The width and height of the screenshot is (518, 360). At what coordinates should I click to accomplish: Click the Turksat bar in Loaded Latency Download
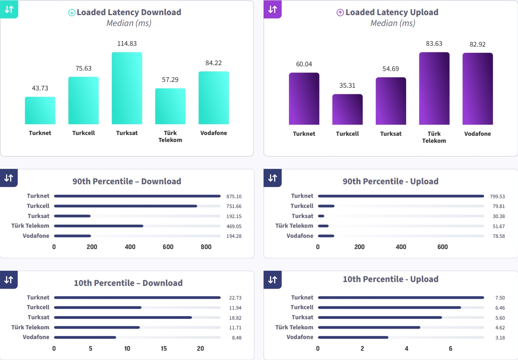click(x=127, y=88)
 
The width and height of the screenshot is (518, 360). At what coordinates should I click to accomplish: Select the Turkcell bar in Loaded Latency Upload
click(x=348, y=109)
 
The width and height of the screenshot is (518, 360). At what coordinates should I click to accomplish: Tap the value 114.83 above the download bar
click(x=127, y=43)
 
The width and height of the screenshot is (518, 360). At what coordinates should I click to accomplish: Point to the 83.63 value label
click(x=434, y=43)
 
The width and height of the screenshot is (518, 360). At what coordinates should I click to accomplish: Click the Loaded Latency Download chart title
click(x=129, y=12)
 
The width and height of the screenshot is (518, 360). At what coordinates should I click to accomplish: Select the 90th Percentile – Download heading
click(x=127, y=181)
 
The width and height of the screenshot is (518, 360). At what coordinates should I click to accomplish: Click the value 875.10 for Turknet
click(x=234, y=196)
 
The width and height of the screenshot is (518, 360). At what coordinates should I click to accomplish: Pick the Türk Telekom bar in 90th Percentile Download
click(x=99, y=226)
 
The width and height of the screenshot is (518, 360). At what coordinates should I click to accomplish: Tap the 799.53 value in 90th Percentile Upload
click(x=497, y=196)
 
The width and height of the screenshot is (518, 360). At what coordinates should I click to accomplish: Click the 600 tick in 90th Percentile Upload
click(x=443, y=247)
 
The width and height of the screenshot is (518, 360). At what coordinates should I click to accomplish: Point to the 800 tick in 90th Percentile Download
click(x=206, y=247)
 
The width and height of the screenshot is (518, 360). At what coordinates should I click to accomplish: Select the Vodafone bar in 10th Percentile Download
click(x=85, y=337)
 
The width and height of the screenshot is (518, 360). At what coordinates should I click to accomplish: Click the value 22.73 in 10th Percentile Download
click(x=235, y=298)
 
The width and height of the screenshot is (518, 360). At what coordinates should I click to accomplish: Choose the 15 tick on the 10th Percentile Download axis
click(x=164, y=348)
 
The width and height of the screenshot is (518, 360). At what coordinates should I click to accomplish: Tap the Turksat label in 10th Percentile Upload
click(x=302, y=317)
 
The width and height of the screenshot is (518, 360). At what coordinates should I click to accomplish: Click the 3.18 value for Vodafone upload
click(x=500, y=337)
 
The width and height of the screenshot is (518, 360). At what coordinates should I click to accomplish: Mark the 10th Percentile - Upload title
click(x=390, y=279)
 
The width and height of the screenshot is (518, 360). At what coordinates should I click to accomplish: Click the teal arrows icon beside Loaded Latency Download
click(x=9, y=9)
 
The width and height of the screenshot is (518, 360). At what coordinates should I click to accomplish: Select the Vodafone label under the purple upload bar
click(x=478, y=134)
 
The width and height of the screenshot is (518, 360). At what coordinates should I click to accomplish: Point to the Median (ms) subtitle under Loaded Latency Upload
click(x=393, y=23)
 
